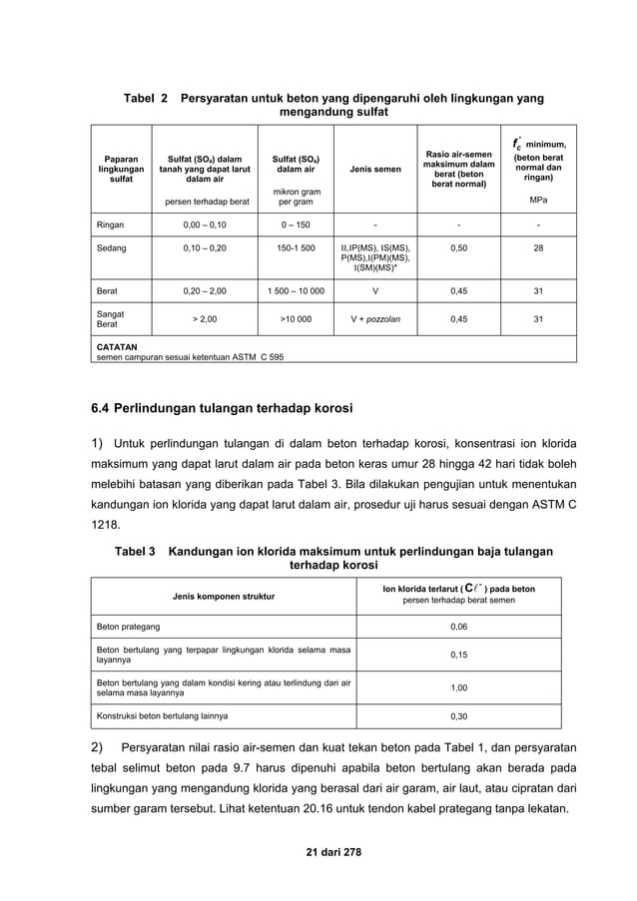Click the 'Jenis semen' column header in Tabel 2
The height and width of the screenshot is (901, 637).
point(375,169)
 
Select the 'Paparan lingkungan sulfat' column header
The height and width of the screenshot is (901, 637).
point(121,169)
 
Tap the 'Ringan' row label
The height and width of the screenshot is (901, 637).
point(110,225)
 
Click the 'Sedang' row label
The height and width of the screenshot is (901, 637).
point(111,246)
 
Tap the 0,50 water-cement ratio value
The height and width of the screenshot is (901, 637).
point(458,246)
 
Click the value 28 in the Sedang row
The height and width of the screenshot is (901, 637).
point(538,246)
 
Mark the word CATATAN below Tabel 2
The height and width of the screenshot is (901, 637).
point(117,346)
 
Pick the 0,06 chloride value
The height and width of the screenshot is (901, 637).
point(458,627)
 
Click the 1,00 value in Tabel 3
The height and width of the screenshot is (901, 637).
point(458,686)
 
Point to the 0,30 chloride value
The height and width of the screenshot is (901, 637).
point(458,715)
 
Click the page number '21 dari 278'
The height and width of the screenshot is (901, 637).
point(318,849)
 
